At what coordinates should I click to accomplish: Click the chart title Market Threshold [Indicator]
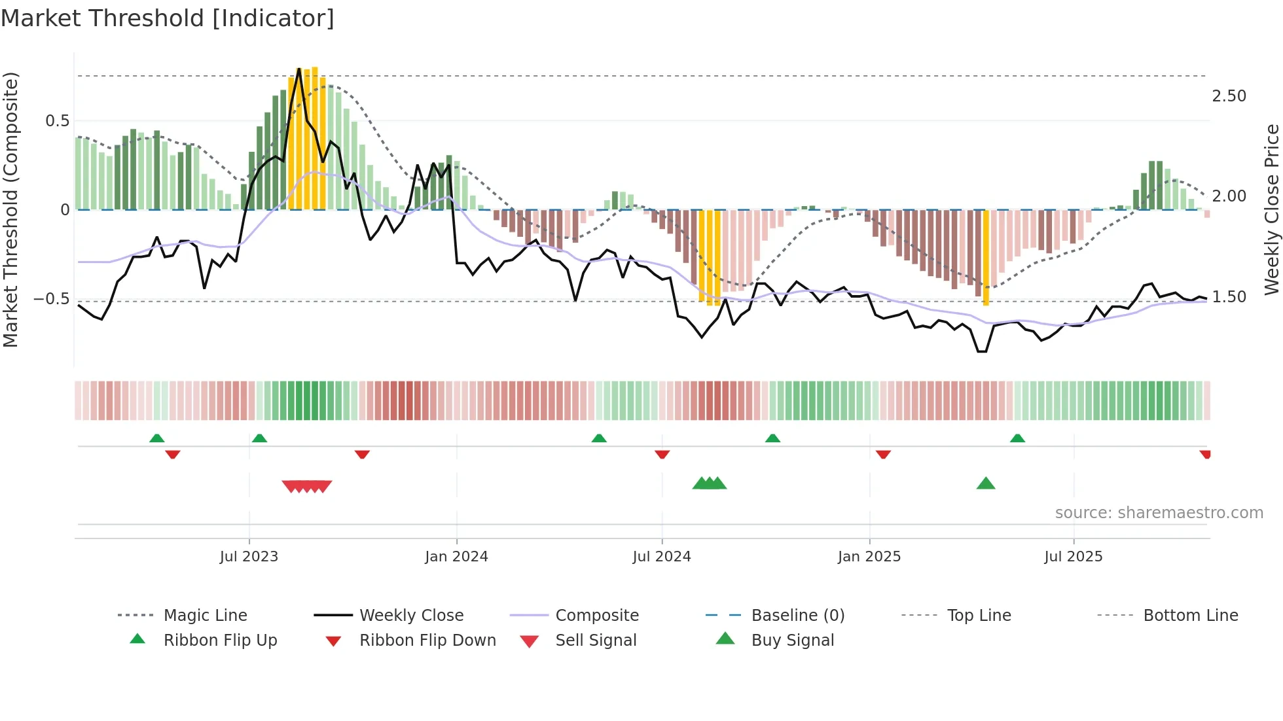(168, 18)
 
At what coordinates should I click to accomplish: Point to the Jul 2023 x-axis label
(249, 557)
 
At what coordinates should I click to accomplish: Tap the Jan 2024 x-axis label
(456, 557)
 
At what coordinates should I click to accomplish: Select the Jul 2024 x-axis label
(662, 557)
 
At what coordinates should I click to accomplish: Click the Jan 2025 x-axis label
(869, 557)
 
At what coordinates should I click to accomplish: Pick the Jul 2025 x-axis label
(1074, 557)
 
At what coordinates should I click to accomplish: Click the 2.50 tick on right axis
(1229, 96)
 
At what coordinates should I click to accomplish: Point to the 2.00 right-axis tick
(1229, 196)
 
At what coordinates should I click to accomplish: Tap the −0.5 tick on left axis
(51, 299)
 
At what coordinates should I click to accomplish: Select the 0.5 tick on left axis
(57, 121)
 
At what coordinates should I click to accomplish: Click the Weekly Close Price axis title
(1271, 209)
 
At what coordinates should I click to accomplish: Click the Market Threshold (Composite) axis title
(11, 209)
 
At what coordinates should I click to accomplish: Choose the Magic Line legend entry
(205, 616)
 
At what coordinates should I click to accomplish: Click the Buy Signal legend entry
(792, 641)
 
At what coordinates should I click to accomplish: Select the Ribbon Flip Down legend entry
(427, 641)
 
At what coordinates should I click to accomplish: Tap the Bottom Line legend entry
(1190, 616)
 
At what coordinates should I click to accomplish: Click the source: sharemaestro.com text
(1159, 513)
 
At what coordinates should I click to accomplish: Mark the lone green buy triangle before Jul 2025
(986, 484)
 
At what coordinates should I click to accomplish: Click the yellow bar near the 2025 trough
(986, 258)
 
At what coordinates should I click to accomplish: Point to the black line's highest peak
(299, 69)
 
